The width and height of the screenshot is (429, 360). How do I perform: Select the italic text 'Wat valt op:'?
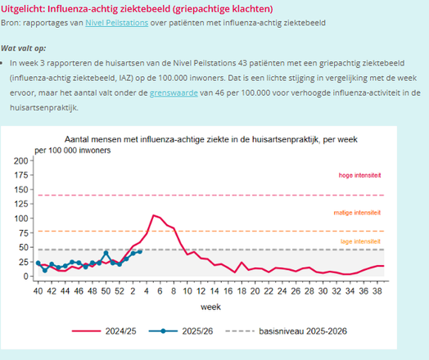(23, 49)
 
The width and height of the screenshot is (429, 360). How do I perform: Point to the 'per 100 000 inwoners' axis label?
(74, 151)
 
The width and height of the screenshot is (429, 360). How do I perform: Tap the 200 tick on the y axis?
(23, 160)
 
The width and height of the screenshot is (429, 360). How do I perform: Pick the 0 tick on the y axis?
(28, 277)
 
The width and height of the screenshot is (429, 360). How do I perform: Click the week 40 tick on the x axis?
(38, 290)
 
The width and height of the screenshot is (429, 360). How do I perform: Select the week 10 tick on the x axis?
(187, 290)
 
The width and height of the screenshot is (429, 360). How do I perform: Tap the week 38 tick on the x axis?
(377, 290)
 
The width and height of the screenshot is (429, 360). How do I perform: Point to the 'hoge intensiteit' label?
(359, 176)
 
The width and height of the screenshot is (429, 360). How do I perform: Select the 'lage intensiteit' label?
(359, 241)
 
